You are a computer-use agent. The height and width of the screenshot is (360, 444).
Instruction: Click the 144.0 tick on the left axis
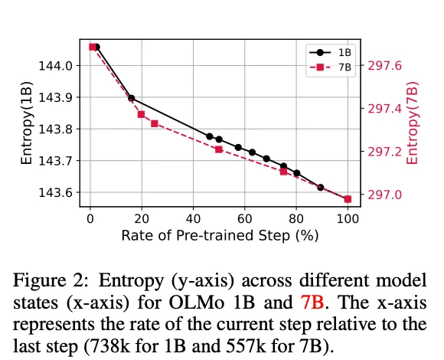(x=55, y=66)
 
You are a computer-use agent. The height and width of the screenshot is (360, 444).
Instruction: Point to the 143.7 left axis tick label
(x=55, y=161)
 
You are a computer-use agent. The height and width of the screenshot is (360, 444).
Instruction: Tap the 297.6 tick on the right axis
(x=384, y=66)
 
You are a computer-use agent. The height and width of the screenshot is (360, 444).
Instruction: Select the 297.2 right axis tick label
(x=384, y=152)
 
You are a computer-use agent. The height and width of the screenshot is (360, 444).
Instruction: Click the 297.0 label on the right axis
(x=384, y=195)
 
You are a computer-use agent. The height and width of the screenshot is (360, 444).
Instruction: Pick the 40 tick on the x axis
(x=193, y=219)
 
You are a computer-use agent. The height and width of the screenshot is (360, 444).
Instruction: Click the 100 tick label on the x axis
(x=348, y=219)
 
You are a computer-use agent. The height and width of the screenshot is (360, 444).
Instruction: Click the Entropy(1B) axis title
(x=26, y=123)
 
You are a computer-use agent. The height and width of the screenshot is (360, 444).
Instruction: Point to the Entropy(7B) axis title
(x=412, y=123)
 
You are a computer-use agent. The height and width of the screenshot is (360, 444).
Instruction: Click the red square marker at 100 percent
(x=348, y=199)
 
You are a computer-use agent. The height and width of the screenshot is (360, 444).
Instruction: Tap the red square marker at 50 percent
(x=219, y=149)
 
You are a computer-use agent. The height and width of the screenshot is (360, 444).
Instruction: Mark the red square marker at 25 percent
(x=155, y=124)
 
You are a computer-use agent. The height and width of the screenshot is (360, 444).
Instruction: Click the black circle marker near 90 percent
(x=321, y=188)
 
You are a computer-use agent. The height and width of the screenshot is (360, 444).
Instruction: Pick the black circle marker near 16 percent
(x=132, y=99)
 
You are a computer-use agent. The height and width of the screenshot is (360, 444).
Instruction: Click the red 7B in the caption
(x=312, y=303)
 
